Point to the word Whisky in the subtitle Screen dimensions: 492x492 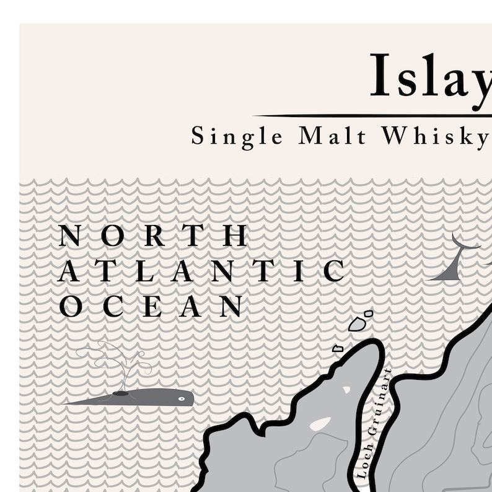click(x=435, y=136)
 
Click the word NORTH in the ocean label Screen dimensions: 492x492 click(x=153, y=236)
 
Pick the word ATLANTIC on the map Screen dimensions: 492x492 click(x=201, y=271)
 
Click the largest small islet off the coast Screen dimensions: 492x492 click(x=357, y=323)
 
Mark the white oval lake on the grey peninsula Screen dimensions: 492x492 click(x=320, y=424)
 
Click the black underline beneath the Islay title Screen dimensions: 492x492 click(x=372, y=116)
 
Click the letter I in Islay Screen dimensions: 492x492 click(x=380, y=76)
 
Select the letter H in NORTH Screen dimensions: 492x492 click(x=235, y=236)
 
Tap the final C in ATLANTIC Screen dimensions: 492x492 click(x=334, y=271)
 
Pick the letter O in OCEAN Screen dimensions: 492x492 click(x=71, y=307)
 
